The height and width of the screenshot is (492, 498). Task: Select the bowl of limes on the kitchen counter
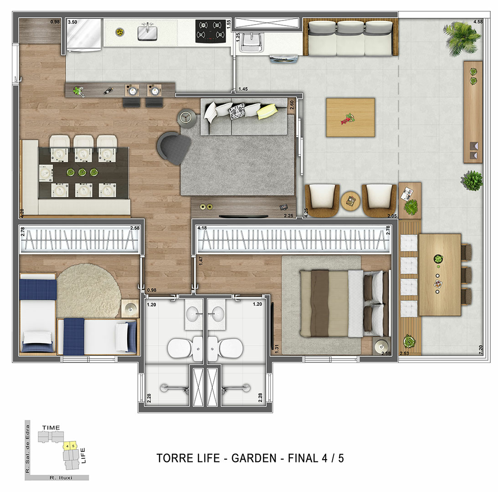pyautogui.click(x=119, y=32)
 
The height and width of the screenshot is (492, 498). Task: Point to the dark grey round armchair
pyautogui.click(x=174, y=147)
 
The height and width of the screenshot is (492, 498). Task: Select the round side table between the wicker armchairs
pyautogui.click(x=350, y=200)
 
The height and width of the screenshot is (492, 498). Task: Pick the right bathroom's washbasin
pyautogui.click(x=218, y=314)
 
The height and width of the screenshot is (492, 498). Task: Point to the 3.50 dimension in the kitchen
pyautogui.click(x=72, y=22)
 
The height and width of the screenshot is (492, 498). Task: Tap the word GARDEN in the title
pyautogui.click(x=253, y=458)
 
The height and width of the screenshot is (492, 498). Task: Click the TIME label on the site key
pyautogui.click(x=51, y=428)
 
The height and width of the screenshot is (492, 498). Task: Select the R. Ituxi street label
pyautogui.click(x=62, y=478)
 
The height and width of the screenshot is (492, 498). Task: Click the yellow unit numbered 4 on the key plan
pyautogui.click(x=67, y=446)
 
